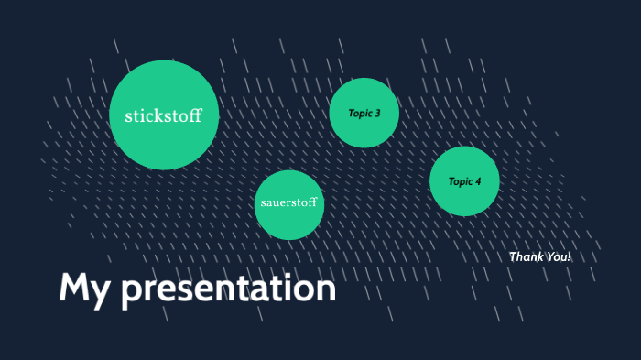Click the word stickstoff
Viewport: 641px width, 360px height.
pyautogui.click(x=163, y=116)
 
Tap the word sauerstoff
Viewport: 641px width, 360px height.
pyautogui.click(x=288, y=202)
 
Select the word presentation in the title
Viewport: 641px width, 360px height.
pyautogui.click(x=229, y=289)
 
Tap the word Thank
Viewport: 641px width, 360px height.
pyautogui.click(x=526, y=256)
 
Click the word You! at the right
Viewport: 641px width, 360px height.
pyautogui.click(x=558, y=256)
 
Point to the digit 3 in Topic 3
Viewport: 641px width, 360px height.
pyautogui.click(x=376, y=114)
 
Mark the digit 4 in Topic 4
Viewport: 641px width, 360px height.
pyautogui.click(x=478, y=181)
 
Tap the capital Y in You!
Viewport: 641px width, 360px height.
pyautogui.click(x=549, y=256)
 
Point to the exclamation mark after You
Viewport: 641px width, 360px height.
pyautogui.click(x=569, y=256)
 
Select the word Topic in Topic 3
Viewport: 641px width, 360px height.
pyautogui.click(x=359, y=114)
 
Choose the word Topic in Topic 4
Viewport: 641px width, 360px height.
pyautogui.click(x=460, y=181)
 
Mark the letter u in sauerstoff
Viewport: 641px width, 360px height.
pyautogui.click(x=277, y=202)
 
